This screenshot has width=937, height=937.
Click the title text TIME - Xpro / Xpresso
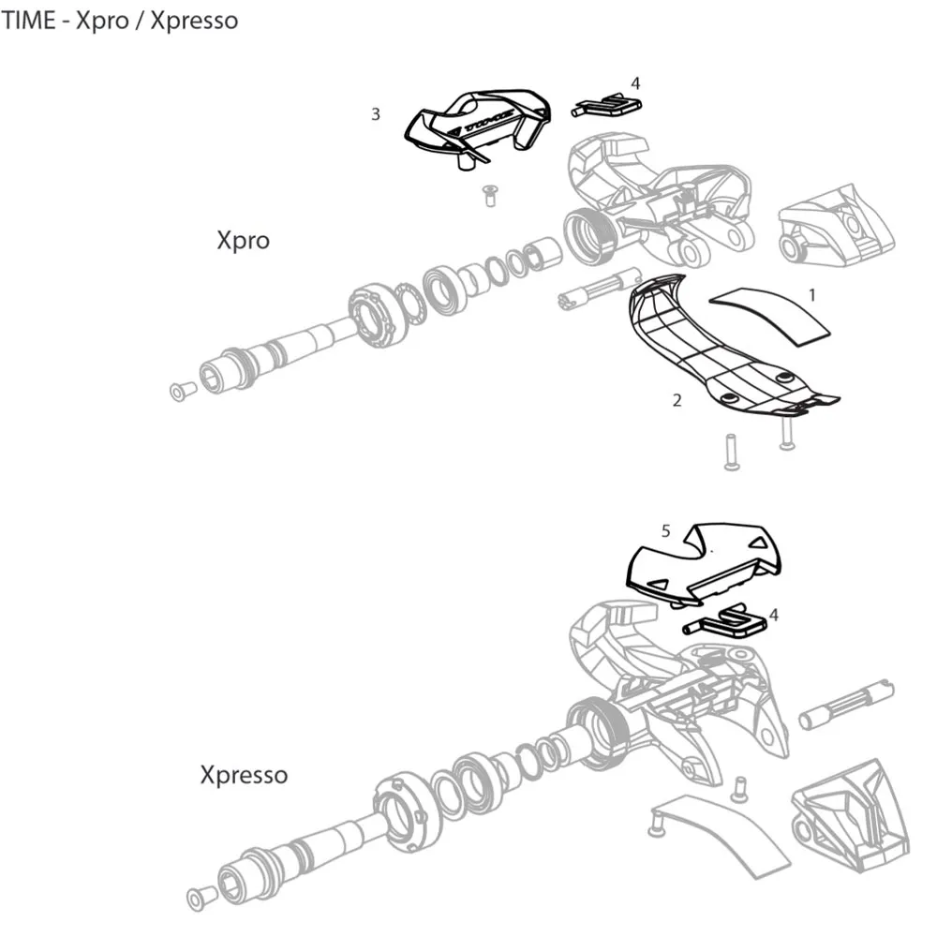tap(119, 20)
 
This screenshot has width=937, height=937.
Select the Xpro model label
tap(243, 240)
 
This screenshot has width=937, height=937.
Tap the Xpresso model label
tap(244, 775)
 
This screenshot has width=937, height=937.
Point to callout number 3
tap(376, 114)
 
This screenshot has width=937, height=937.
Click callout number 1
tap(812, 294)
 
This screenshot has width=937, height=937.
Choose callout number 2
tap(677, 401)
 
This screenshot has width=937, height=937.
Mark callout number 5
tap(665, 530)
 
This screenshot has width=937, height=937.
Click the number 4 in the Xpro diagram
tap(635, 83)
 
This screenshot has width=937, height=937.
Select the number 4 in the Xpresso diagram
tap(773, 616)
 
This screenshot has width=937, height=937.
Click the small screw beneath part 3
tap(487, 194)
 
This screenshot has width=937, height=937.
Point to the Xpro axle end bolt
tap(178, 389)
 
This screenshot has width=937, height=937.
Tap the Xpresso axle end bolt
tap(198, 898)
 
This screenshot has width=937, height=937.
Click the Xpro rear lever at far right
tap(836, 230)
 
